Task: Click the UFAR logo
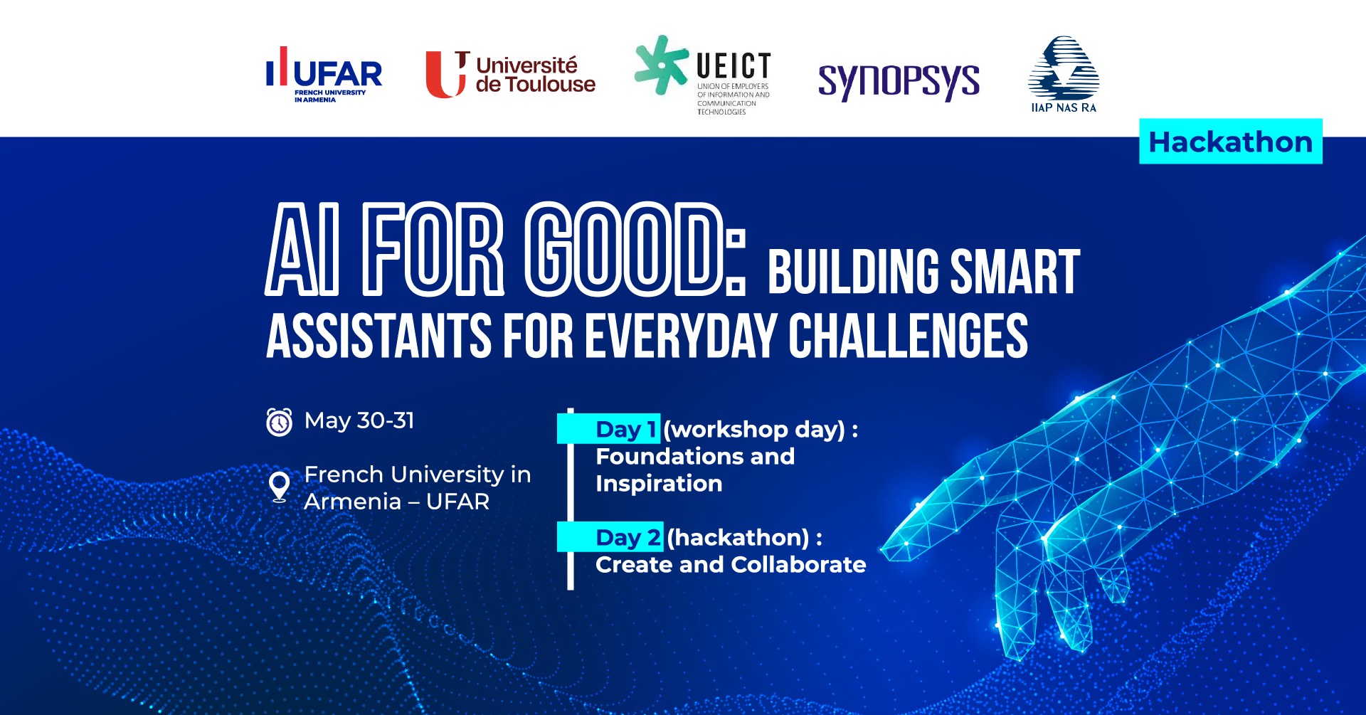[324, 75]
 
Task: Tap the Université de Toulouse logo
[510, 74]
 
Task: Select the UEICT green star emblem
[661, 65]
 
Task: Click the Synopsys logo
[899, 81]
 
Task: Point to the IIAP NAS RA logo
[1064, 75]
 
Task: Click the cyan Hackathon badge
[1231, 142]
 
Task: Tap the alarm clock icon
[279, 421]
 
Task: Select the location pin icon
[280, 487]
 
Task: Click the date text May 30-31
[359, 420]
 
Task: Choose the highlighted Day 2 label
[629, 537]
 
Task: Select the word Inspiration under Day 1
[659, 484]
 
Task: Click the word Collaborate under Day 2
[798, 564]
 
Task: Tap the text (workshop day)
[754, 430]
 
